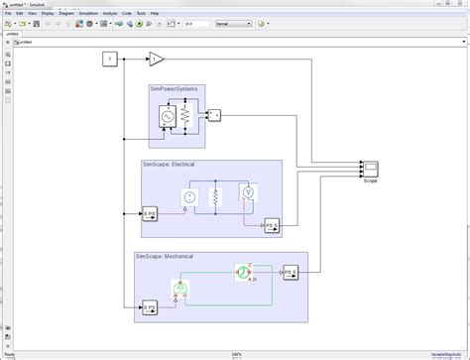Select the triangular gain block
point(157,60)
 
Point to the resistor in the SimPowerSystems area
point(183,118)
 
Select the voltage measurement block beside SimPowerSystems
point(214,116)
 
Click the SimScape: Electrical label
point(172,163)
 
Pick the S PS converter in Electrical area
point(150,213)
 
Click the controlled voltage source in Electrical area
point(189,197)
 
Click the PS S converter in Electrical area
point(271,226)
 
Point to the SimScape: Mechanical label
point(165,257)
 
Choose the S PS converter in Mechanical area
point(150,306)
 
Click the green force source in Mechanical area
point(179,290)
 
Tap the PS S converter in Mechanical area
point(291,270)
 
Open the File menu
point(7,13)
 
